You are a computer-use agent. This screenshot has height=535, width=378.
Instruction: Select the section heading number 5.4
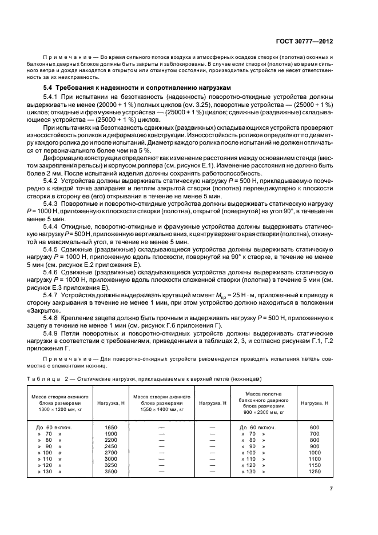[x=50, y=87]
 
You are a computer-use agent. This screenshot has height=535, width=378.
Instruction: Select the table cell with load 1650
[x=110, y=428]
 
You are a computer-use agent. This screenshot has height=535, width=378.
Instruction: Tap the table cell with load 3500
[x=110, y=472]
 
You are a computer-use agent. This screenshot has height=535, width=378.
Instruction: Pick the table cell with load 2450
[x=110, y=446]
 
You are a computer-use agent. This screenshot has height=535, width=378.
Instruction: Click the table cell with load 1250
[x=314, y=472]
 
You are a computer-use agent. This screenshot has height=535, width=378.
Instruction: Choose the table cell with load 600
[x=314, y=428]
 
